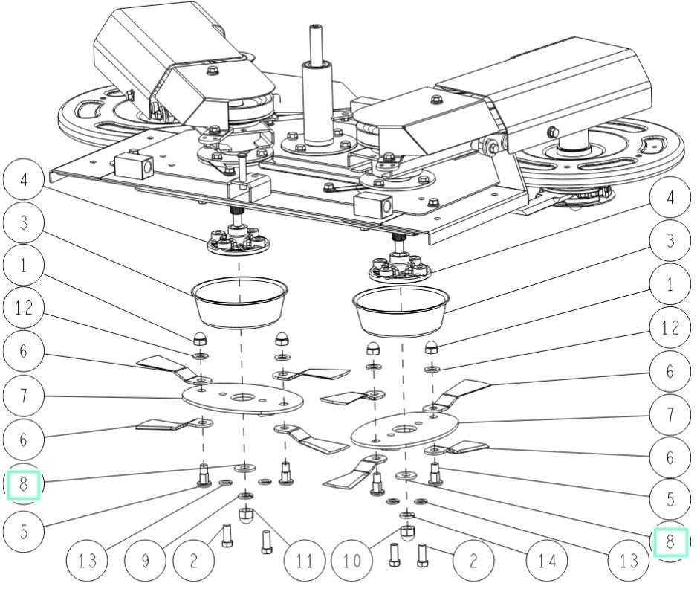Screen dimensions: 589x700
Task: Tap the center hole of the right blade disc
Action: click(x=404, y=430)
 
